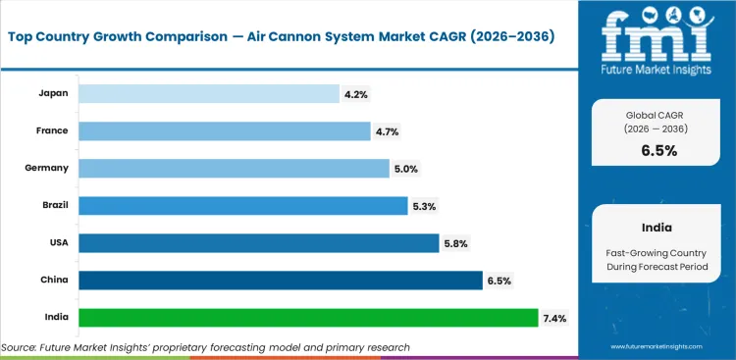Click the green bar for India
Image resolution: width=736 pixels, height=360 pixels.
click(x=308, y=318)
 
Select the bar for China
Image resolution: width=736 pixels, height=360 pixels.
click(x=280, y=281)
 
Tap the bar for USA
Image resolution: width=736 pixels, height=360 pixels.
click(x=258, y=243)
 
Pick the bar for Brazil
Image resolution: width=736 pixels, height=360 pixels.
click(x=242, y=205)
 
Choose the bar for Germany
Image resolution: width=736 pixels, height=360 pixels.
click(x=234, y=168)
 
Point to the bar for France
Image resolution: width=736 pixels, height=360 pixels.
click(x=224, y=130)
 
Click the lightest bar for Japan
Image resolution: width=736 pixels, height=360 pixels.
click(x=209, y=93)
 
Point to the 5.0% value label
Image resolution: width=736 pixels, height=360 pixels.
click(x=406, y=168)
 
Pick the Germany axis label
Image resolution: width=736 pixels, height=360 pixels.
click(x=46, y=168)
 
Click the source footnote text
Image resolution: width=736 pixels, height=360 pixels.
click(x=205, y=347)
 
